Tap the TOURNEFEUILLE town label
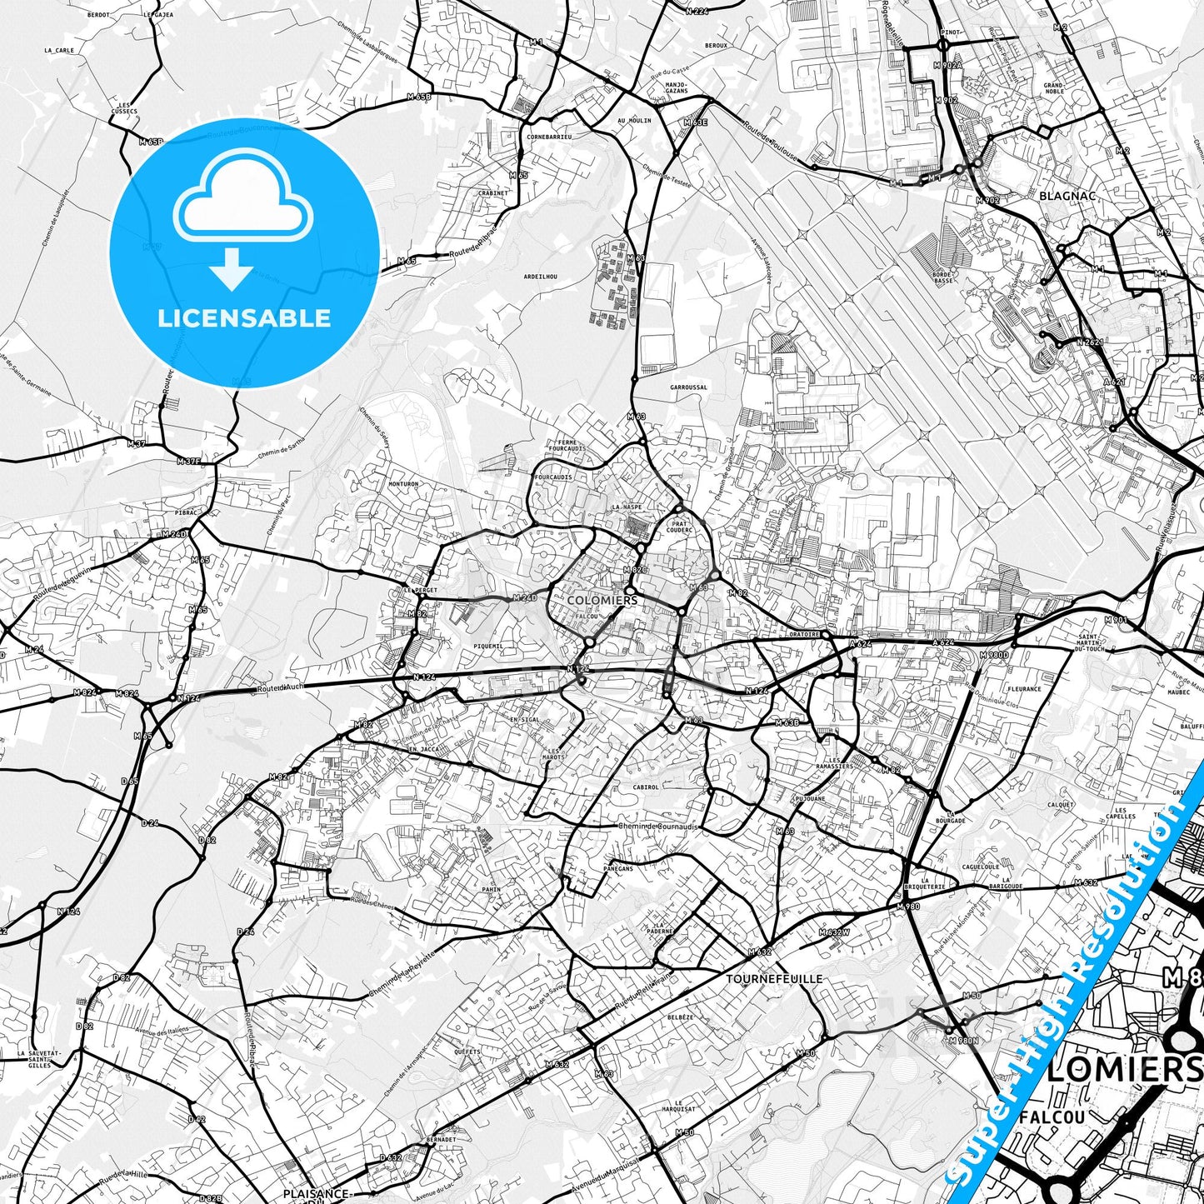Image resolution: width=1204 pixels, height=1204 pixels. (x=774, y=979)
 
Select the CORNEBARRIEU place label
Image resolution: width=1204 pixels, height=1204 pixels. (x=549, y=137)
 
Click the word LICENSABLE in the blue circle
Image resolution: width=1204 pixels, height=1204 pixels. (x=244, y=318)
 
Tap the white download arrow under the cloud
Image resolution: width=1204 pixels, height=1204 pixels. (x=232, y=269)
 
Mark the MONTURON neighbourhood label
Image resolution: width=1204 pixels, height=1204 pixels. (x=402, y=484)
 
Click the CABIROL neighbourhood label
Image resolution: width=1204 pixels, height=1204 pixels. (x=646, y=787)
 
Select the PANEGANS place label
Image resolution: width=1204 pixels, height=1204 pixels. (x=617, y=868)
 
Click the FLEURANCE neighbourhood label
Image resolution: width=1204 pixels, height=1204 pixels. (x=1024, y=689)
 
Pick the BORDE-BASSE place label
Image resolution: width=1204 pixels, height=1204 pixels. (x=943, y=277)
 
